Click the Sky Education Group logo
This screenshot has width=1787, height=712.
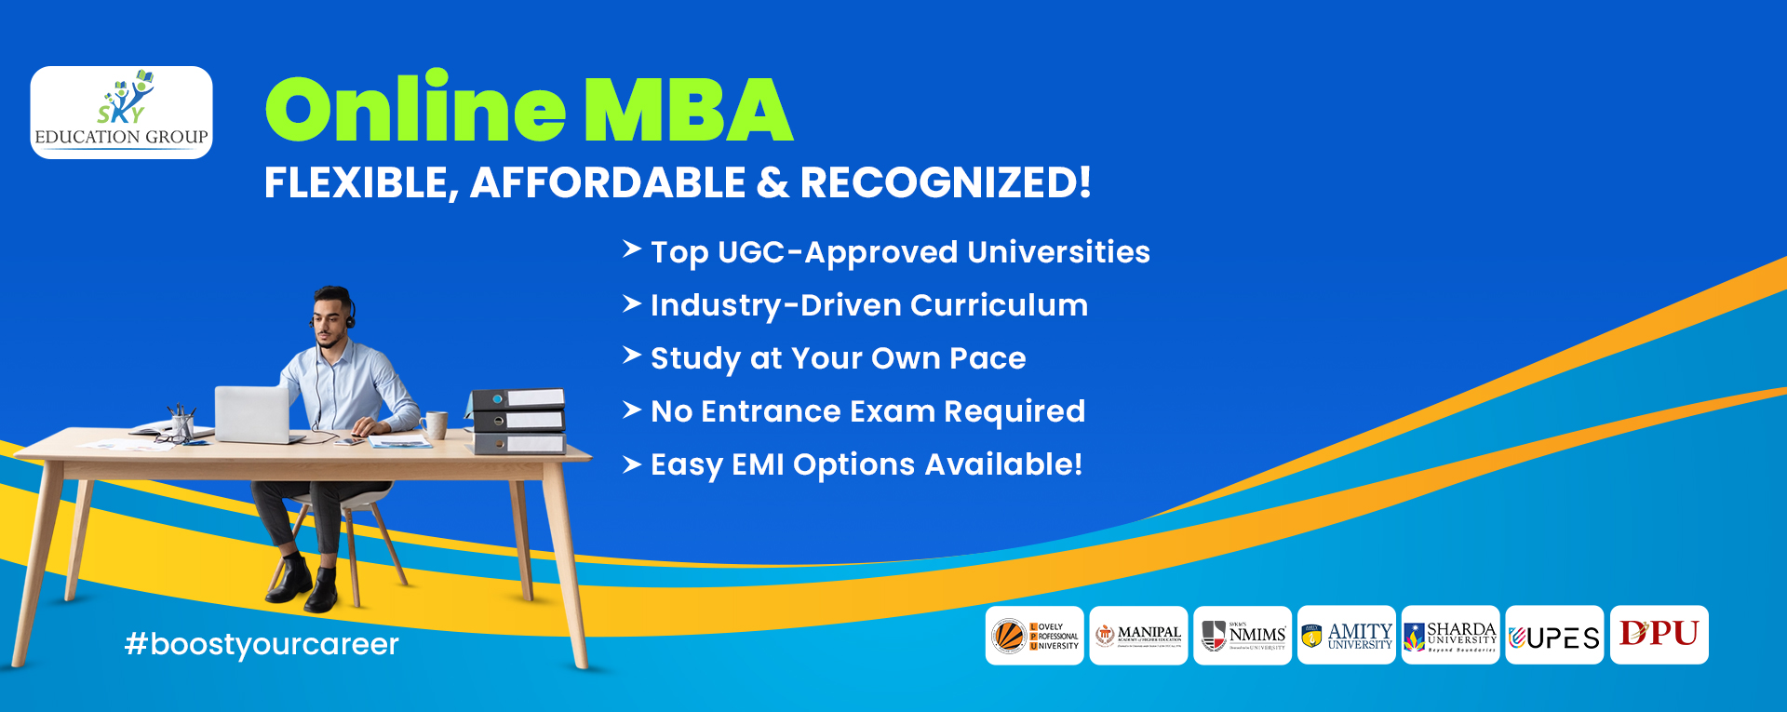coord(122,113)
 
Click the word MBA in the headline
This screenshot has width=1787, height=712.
coord(688,110)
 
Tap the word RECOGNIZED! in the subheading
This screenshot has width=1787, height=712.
coord(945,182)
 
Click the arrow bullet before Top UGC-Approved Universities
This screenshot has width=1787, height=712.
coord(632,249)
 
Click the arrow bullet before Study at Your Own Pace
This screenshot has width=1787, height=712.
coord(632,356)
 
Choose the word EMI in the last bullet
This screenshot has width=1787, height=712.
coord(758,464)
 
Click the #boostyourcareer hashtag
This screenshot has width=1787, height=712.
coord(262,644)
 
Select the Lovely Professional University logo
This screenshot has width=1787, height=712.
coord(1034,636)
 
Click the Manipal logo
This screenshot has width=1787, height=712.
coord(1138,636)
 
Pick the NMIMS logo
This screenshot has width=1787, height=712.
coord(1243,636)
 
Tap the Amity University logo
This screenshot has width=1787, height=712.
coord(1347,636)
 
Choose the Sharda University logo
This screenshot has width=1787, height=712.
coord(1451,636)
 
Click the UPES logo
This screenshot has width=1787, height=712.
coord(1554,637)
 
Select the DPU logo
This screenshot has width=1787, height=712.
coord(1659,635)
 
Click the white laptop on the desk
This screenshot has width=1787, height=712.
coord(253,414)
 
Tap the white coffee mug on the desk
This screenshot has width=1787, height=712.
coord(436,424)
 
